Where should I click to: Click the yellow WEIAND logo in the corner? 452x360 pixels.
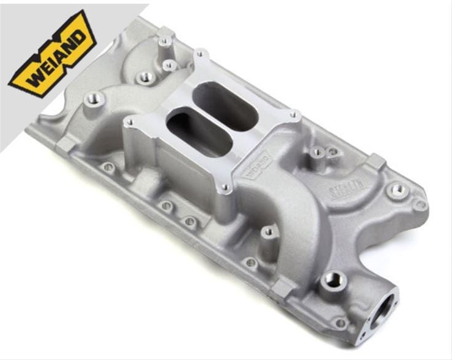52,54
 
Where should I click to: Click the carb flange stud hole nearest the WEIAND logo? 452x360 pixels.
130,122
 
